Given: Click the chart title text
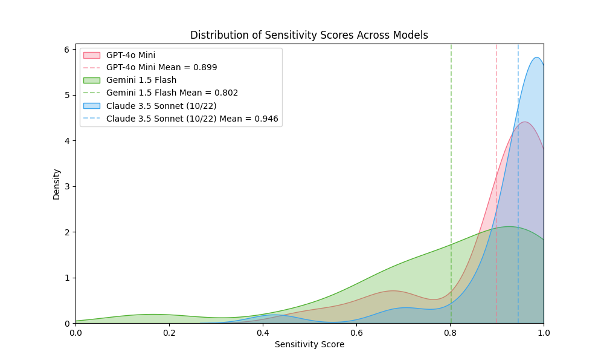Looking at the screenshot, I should [309, 35].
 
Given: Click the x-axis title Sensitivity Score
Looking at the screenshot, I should [309, 345].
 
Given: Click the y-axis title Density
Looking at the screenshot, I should [57, 184].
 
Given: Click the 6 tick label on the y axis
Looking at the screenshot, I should [67, 50].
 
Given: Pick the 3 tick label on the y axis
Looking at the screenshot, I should [67, 186].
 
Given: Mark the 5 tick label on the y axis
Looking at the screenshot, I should [67, 95].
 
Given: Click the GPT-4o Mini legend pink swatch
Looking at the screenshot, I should [91, 55].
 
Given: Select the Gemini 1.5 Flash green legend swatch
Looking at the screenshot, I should [91, 80].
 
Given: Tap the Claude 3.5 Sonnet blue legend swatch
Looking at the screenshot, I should [91, 106].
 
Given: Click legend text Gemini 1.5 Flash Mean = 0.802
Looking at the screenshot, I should [172, 93].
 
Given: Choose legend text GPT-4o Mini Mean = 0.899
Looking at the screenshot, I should [161, 68].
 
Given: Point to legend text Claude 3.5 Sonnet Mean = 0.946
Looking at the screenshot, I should [192, 119].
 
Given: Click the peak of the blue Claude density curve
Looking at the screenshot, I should [536, 57].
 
